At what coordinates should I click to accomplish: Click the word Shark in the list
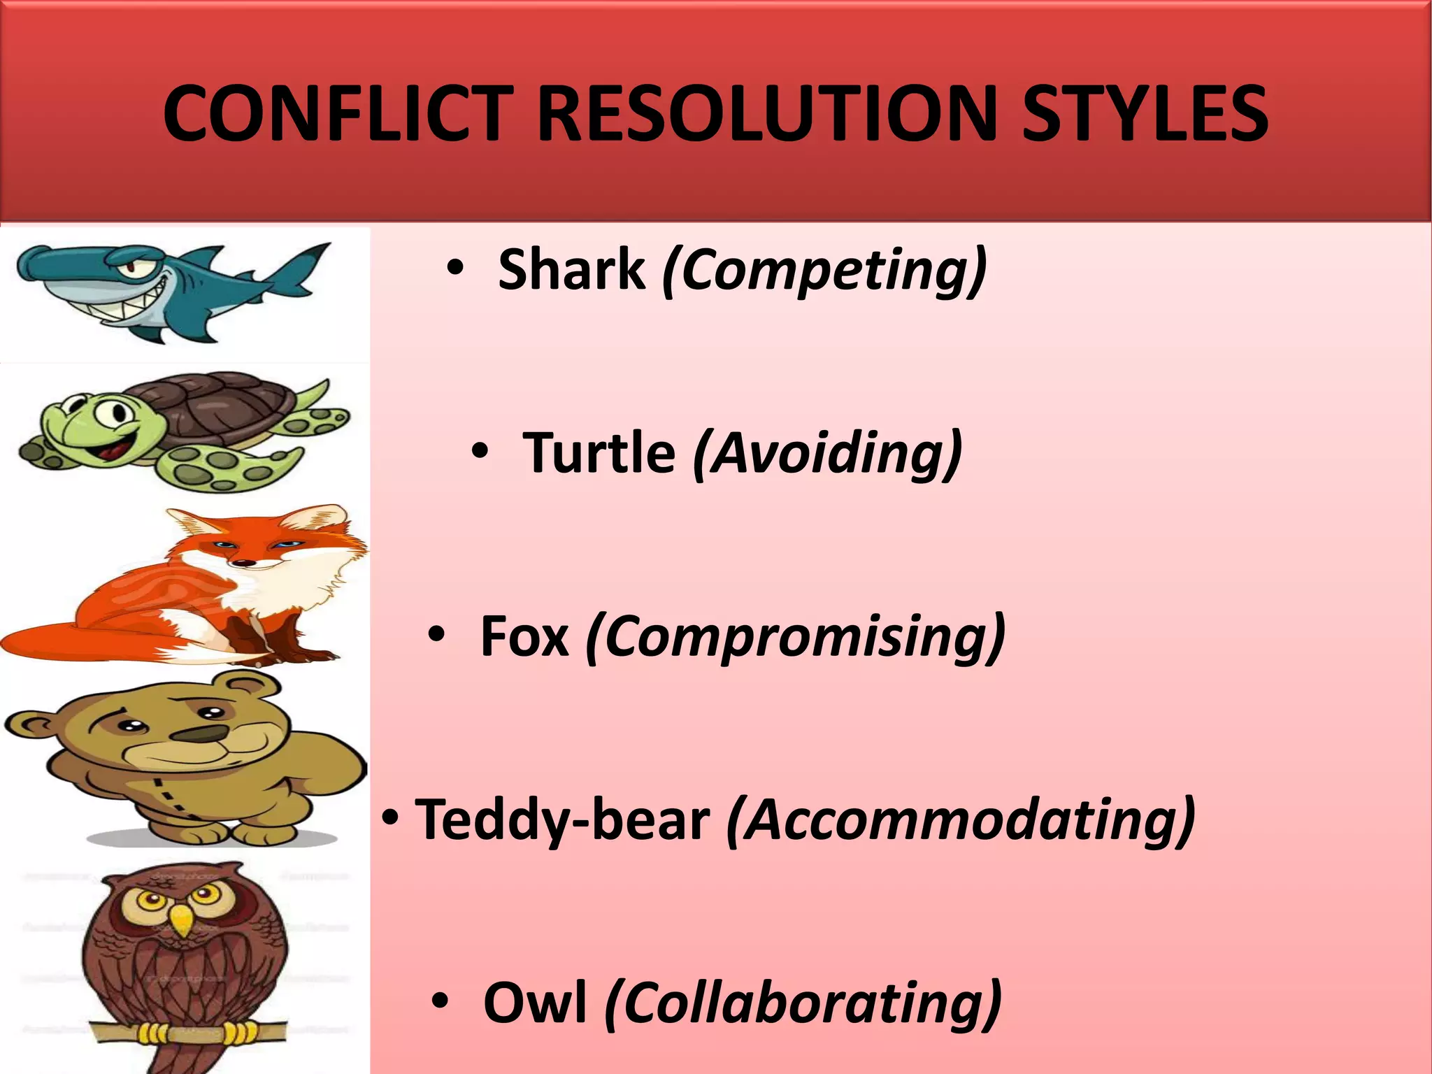click(571, 269)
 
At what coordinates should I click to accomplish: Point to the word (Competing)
click(824, 271)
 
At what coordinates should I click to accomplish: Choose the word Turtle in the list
click(599, 453)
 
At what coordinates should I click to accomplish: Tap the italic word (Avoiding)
click(827, 453)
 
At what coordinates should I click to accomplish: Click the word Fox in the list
click(524, 636)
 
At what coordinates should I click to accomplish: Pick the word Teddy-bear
click(562, 820)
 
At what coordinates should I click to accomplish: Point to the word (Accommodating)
click(961, 820)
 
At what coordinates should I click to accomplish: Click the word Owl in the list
click(535, 1003)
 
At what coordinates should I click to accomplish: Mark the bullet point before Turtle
click(479, 451)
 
